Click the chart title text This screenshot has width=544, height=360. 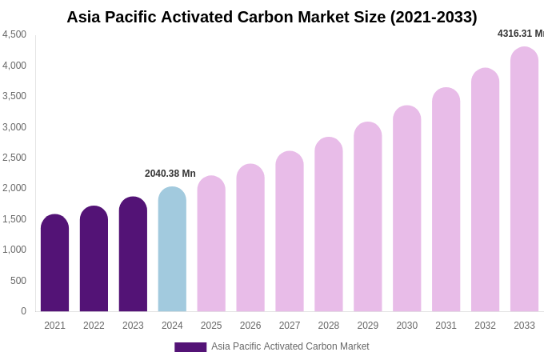tap(271, 17)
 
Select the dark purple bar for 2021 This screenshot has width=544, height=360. tap(54, 264)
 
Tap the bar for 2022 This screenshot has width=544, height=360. tap(94, 260)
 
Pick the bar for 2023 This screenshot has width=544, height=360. tap(133, 255)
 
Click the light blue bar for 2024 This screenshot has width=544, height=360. tap(172, 250)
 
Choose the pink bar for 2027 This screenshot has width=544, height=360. tap(290, 232)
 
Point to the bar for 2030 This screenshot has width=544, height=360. tap(406, 210)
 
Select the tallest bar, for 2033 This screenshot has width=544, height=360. tap(524, 180)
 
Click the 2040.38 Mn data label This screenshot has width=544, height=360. tap(170, 174)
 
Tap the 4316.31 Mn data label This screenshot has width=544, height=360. tap(520, 34)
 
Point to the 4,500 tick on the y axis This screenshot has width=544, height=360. tap(14, 34)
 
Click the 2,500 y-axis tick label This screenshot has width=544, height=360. tap(14, 158)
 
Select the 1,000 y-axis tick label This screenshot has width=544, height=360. tap(14, 250)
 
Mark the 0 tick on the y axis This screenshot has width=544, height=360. tap(23, 311)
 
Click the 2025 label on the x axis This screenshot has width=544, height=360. tap(211, 326)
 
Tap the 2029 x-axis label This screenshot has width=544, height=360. tap(367, 326)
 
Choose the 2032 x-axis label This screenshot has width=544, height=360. tap(485, 326)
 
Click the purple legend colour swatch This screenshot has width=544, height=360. tap(190, 347)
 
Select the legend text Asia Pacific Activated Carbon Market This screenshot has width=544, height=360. tap(290, 346)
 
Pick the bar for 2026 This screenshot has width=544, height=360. tap(250, 238)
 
